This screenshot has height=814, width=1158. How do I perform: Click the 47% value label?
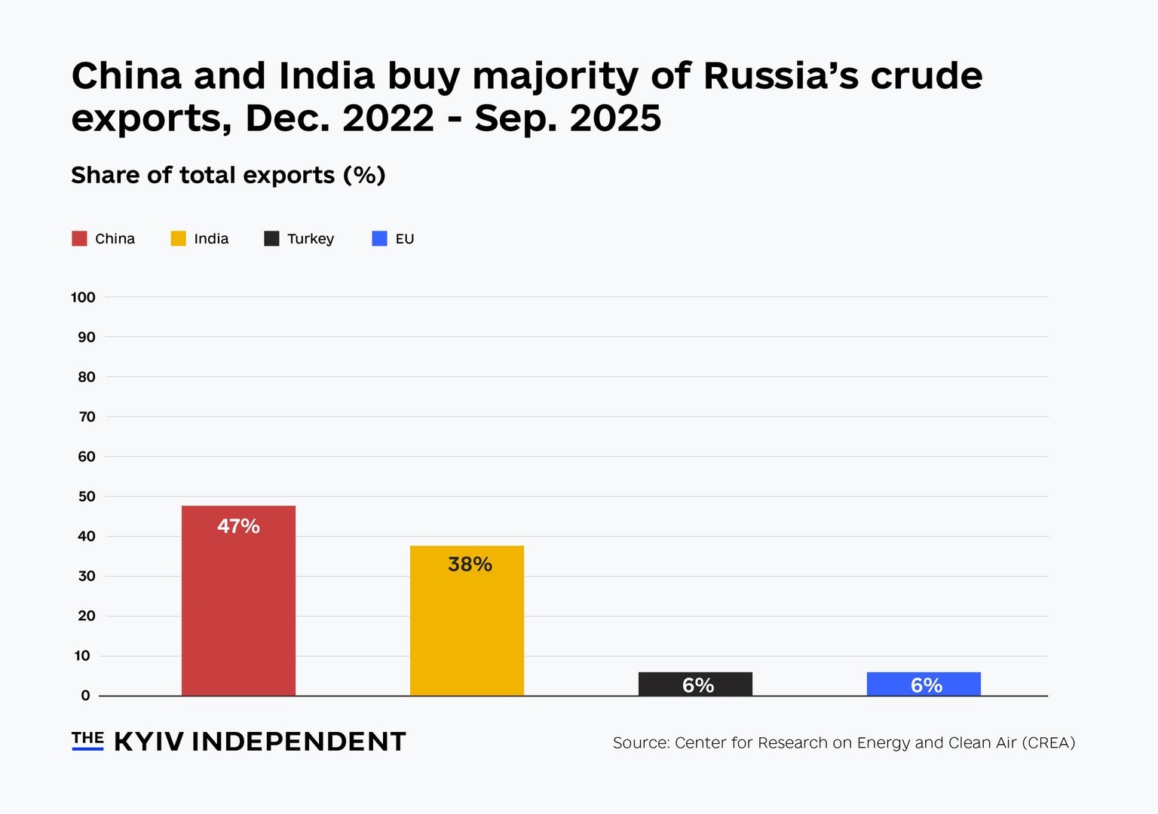point(238,526)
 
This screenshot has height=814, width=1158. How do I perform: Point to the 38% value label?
point(470,565)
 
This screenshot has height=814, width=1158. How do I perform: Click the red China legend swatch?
point(79,239)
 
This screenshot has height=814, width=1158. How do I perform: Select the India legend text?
point(211,239)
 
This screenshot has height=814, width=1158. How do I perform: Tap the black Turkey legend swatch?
point(271,239)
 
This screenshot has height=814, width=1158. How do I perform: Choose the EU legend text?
point(405,239)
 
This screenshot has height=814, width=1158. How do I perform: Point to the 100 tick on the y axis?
point(83,298)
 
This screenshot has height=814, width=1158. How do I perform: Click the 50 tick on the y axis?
point(87,497)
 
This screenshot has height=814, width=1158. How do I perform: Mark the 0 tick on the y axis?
point(85,696)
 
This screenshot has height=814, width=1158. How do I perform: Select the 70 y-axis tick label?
point(87,417)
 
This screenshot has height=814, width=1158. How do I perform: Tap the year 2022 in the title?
point(388,118)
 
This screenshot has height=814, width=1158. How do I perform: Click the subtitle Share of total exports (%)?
point(228,176)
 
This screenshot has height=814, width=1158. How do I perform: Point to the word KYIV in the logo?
point(149,742)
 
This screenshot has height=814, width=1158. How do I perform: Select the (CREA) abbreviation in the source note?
point(1048,743)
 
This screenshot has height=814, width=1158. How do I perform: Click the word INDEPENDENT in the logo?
point(299,742)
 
